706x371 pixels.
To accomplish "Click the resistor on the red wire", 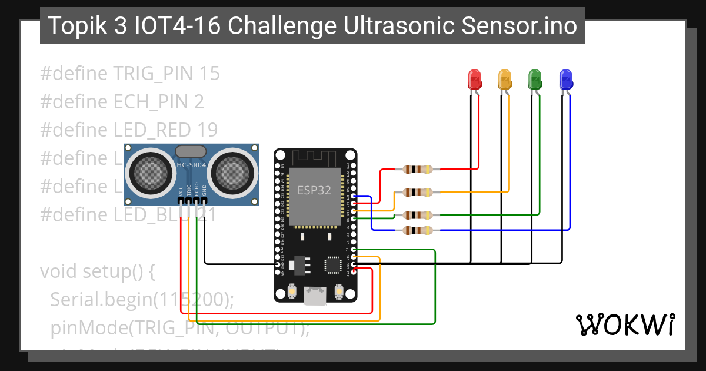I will tap(417, 170).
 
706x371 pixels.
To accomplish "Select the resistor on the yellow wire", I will tap(417, 192).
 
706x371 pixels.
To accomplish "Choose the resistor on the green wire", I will tap(417, 215).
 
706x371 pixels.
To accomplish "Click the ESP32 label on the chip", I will tap(314, 190).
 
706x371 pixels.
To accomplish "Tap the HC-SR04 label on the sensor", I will tap(191, 165).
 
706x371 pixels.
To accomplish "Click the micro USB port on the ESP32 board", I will tap(315, 295).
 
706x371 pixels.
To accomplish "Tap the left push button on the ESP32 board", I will tap(292, 291).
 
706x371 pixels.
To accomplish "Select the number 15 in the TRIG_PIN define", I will tap(209, 74).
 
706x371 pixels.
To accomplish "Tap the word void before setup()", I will tap(59, 272).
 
